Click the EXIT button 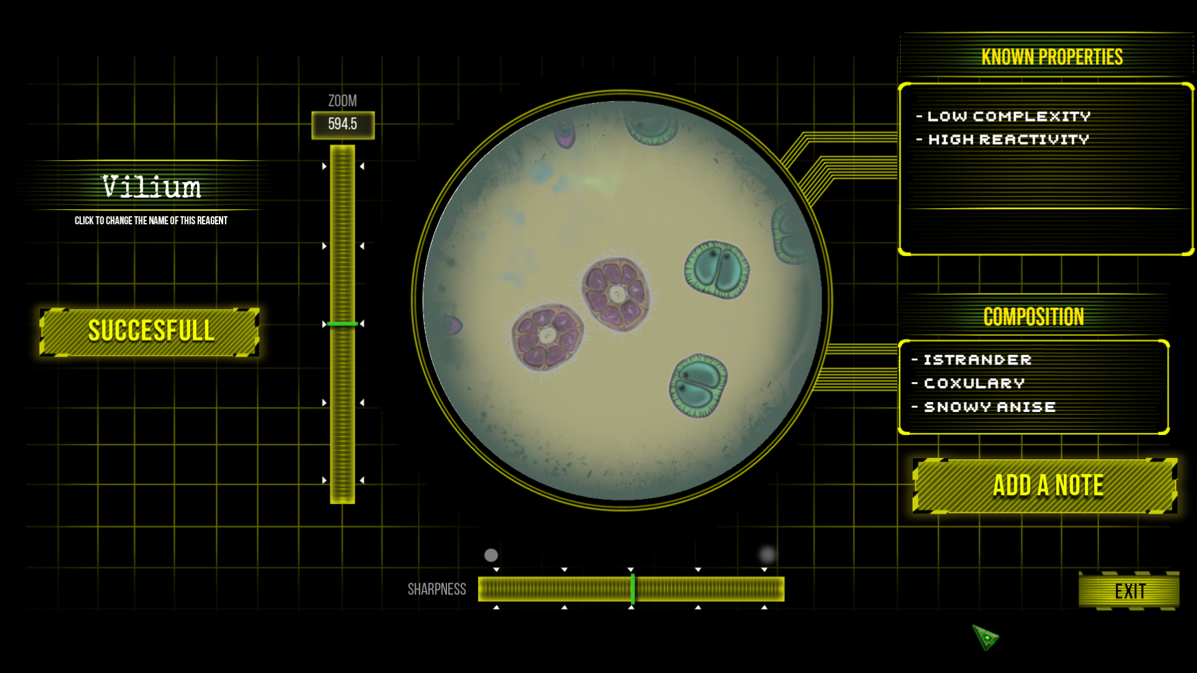(1129, 590)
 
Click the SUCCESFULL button (150, 332)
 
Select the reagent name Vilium (151, 187)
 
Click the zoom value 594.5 (343, 125)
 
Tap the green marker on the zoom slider (342, 324)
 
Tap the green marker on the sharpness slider (633, 589)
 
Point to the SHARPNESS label (436, 589)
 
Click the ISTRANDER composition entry (978, 360)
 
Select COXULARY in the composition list (974, 383)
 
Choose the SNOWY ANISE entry (990, 407)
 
